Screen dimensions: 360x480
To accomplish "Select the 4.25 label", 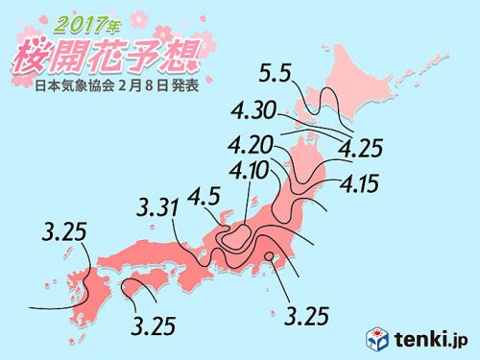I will click(x=361, y=149).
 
